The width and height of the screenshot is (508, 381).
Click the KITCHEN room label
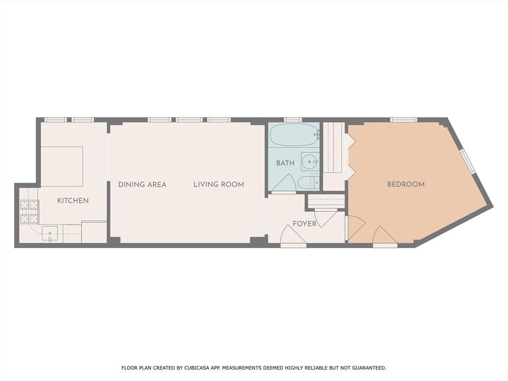click(x=73, y=200)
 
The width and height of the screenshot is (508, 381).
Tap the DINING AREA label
click(x=142, y=185)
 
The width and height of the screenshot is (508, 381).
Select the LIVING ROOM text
click(x=219, y=185)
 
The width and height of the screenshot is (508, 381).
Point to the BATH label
click(x=285, y=163)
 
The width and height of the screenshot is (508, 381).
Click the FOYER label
click(x=305, y=224)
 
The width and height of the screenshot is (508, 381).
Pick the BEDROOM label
click(x=406, y=185)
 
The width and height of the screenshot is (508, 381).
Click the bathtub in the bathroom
click(x=294, y=135)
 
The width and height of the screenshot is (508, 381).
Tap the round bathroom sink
click(x=310, y=161)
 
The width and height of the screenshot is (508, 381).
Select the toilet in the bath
click(x=308, y=183)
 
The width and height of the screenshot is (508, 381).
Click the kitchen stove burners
click(x=29, y=212)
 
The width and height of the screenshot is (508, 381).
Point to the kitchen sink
click(x=50, y=233)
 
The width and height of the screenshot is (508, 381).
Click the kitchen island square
click(x=62, y=167)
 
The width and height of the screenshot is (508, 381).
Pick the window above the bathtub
click(x=293, y=120)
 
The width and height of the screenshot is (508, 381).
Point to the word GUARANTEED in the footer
click(x=369, y=368)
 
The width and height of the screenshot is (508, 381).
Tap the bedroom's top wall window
click(x=403, y=120)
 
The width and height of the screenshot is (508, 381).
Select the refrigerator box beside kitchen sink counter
click(x=94, y=232)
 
